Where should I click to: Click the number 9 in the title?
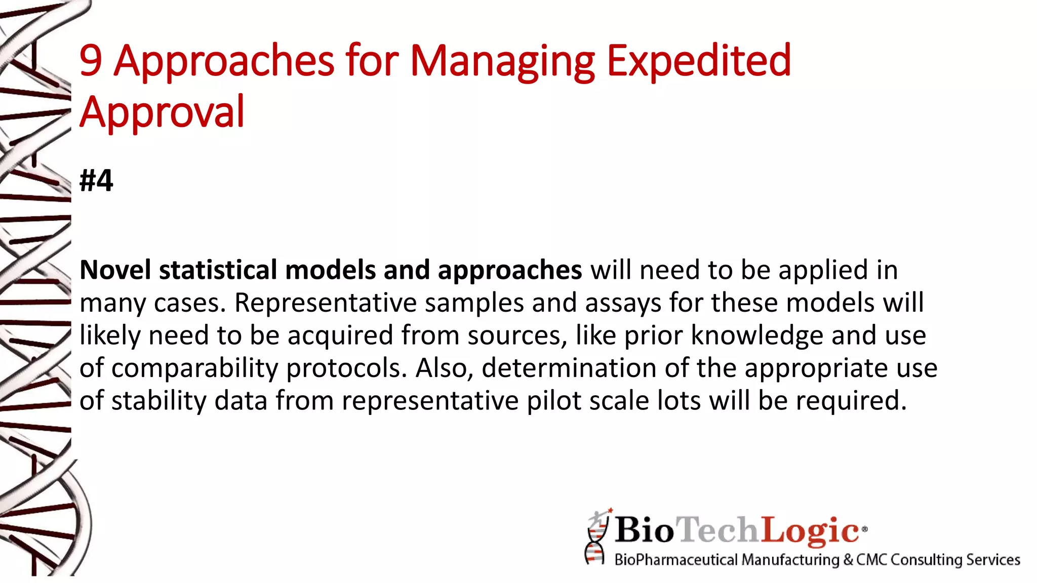pyautogui.click(x=91, y=61)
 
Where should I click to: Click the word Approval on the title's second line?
pyautogui.click(x=162, y=112)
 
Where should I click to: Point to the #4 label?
pyautogui.click(x=96, y=181)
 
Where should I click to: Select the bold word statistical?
pyautogui.click(x=218, y=270)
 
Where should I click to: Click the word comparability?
pyautogui.click(x=194, y=368)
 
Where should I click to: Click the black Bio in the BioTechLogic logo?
pyautogui.click(x=644, y=530)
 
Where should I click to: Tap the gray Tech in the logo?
pyautogui.click(x=718, y=530)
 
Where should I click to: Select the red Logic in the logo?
pyautogui.click(x=810, y=530)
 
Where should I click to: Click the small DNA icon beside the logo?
pyautogui.click(x=596, y=537)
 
